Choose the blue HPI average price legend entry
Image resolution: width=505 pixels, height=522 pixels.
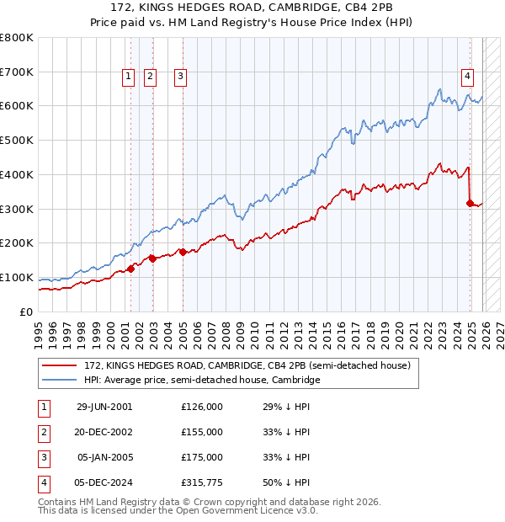[202, 380]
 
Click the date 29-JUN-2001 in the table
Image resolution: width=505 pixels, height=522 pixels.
[104, 407]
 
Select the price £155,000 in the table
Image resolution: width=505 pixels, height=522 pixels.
[202, 432]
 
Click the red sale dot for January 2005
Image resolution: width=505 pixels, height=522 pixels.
[183, 251]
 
